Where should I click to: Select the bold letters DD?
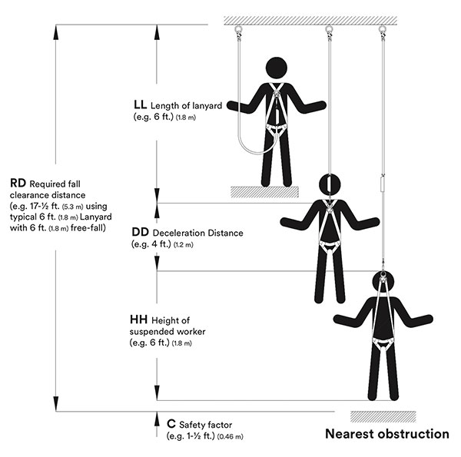point(141,232)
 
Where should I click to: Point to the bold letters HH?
point(141,319)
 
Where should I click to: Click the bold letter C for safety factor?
point(171,424)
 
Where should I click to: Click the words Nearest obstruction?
point(387,434)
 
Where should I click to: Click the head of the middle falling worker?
point(328,185)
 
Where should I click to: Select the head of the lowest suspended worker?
point(382,282)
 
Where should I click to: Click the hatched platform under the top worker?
point(263,190)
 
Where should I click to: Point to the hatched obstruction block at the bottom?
point(383,416)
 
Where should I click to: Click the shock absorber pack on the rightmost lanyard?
point(381,184)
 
